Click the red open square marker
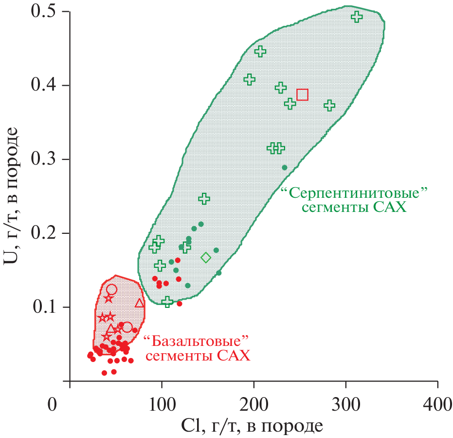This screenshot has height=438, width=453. [302, 95]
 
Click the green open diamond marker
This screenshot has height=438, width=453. [206, 257]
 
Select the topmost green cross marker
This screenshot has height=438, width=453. [357, 17]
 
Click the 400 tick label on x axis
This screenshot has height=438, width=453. [437, 404]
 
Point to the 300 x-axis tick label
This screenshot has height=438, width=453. [345, 404]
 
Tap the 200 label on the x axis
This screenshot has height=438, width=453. [254, 404]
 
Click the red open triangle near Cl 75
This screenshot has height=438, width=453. [140, 303]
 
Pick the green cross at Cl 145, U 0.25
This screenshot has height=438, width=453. [204, 198]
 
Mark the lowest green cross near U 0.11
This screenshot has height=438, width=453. [167, 302]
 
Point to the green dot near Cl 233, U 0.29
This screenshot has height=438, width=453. [285, 168]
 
